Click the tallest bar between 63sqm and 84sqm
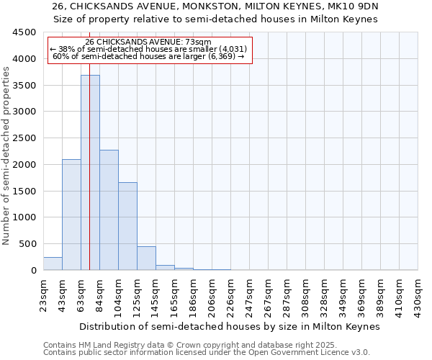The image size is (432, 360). coord(90,173)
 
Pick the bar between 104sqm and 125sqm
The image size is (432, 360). coord(127,226)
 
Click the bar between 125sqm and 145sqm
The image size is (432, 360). coord(146,258)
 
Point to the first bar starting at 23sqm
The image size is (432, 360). coord(53,264)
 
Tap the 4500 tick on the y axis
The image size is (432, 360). coord(25,32)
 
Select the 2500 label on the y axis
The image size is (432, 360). coord(25,138)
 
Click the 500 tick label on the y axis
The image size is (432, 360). coord(28,244)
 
